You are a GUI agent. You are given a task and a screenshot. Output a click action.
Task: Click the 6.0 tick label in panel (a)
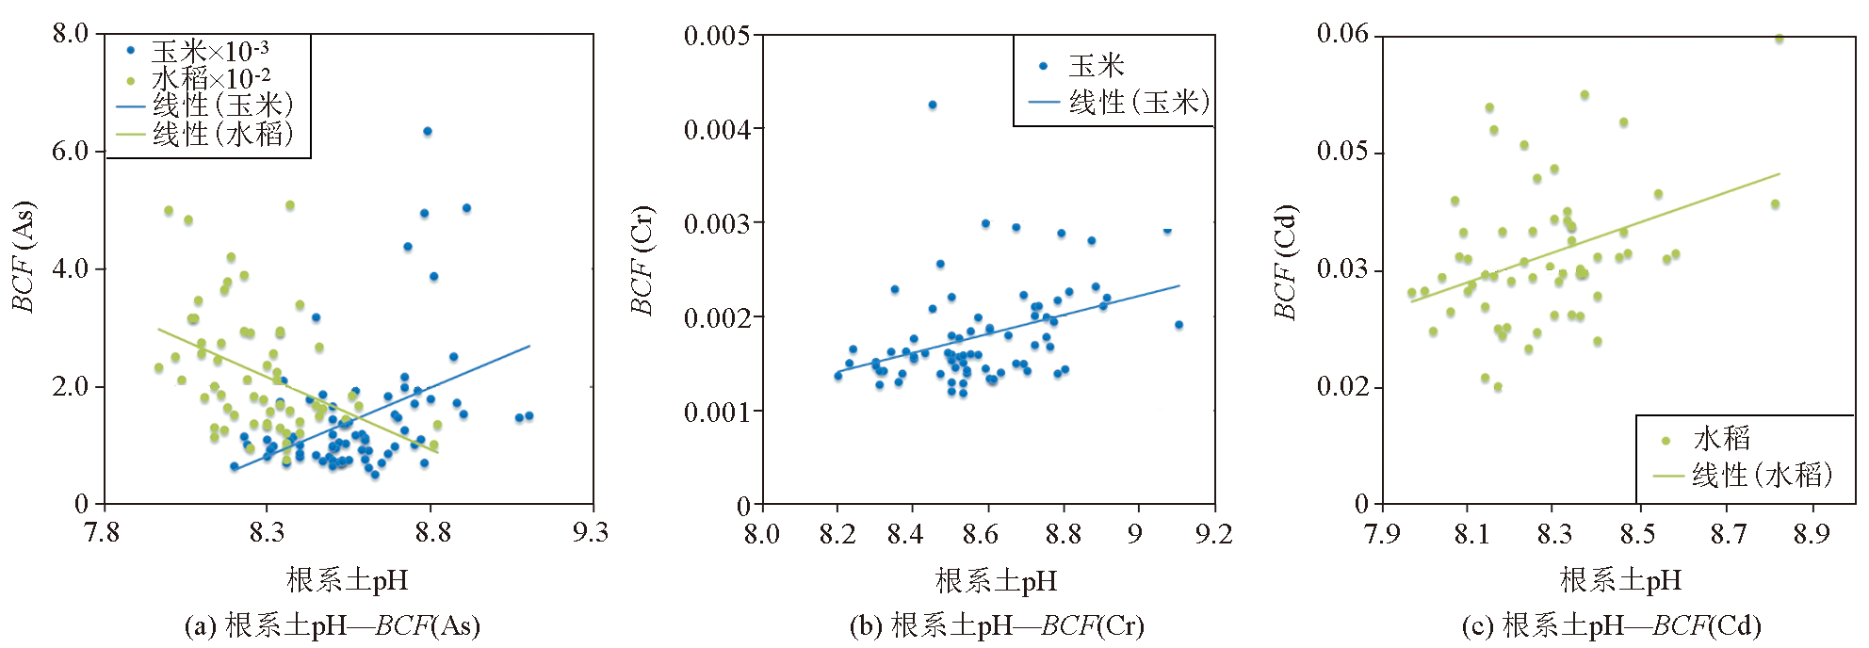pyautogui.click(x=70, y=152)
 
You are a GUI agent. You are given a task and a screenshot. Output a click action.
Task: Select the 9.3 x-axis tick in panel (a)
pyautogui.click(x=591, y=533)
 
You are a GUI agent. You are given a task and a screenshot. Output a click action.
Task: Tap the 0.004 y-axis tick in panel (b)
pyautogui.click(x=716, y=130)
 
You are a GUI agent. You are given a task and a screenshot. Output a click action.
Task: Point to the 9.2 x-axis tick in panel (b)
pyautogui.click(x=1213, y=535)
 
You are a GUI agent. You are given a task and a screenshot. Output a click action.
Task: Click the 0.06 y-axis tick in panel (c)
pyautogui.click(x=1342, y=35)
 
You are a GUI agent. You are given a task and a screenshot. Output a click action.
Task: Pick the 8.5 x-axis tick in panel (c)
pyautogui.click(x=1637, y=535)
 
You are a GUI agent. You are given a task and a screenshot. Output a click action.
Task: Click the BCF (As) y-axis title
pyautogui.click(x=24, y=256)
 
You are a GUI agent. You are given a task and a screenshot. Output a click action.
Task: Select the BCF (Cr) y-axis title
pyautogui.click(x=642, y=261)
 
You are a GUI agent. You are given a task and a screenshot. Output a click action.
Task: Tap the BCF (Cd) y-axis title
pyautogui.click(x=1286, y=261)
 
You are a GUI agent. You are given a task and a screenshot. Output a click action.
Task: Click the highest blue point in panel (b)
pyautogui.click(x=933, y=105)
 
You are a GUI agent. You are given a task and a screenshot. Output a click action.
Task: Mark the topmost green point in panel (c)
pyautogui.click(x=1780, y=39)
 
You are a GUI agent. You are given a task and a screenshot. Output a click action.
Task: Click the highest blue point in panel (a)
pyautogui.click(x=427, y=132)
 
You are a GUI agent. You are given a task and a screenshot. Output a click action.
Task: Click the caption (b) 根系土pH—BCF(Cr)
pyautogui.click(x=996, y=626)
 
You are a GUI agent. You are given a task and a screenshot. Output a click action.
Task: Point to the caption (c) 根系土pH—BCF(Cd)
pyautogui.click(x=1611, y=626)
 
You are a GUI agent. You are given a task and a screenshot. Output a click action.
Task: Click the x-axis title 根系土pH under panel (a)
pyautogui.click(x=348, y=580)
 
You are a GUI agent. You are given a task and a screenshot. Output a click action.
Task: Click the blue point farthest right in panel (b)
pyautogui.click(x=1178, y=325)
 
